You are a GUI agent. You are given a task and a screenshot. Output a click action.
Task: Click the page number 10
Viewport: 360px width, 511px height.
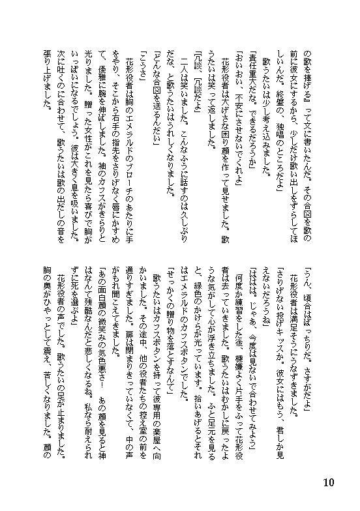coord(328,483)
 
